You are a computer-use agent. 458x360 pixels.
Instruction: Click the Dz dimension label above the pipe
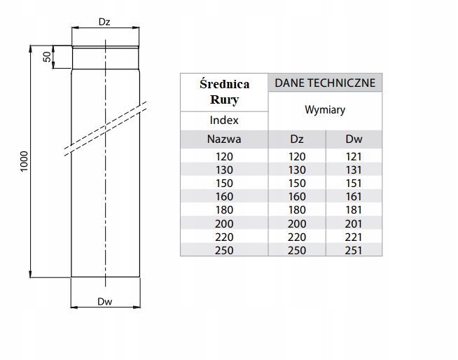click(104, 22)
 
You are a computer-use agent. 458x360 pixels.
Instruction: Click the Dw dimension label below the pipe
click(104, 303)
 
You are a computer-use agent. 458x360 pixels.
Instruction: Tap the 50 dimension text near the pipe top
click(48, 57)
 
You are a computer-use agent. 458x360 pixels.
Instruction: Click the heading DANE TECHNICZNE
click(325, 83)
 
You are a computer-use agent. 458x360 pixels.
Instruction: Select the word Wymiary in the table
click(325, 110)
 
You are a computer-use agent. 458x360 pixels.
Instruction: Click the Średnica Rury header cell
click(224, 91)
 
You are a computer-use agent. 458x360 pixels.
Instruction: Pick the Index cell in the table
click(224, 120)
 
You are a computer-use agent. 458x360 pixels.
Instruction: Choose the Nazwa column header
click(224, 139)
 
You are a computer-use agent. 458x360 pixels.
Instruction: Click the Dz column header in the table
click(297, 139)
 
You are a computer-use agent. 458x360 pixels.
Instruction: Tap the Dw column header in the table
click(354, 139)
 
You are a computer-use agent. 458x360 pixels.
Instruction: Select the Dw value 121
click(354, 157)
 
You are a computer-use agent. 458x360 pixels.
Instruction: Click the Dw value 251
click(354, 250)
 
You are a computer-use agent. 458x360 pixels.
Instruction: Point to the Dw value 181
click(354, 210)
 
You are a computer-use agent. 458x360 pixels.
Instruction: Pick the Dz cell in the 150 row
click(297, 184)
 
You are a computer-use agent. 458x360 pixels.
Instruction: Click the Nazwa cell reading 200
click(224, 223)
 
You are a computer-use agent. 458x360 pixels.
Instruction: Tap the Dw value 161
click(354, 197)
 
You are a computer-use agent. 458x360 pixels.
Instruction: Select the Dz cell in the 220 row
click(297, 237)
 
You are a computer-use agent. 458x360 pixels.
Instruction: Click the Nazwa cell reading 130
click(224, 170)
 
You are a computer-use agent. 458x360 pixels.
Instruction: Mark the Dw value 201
click(354, 223)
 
